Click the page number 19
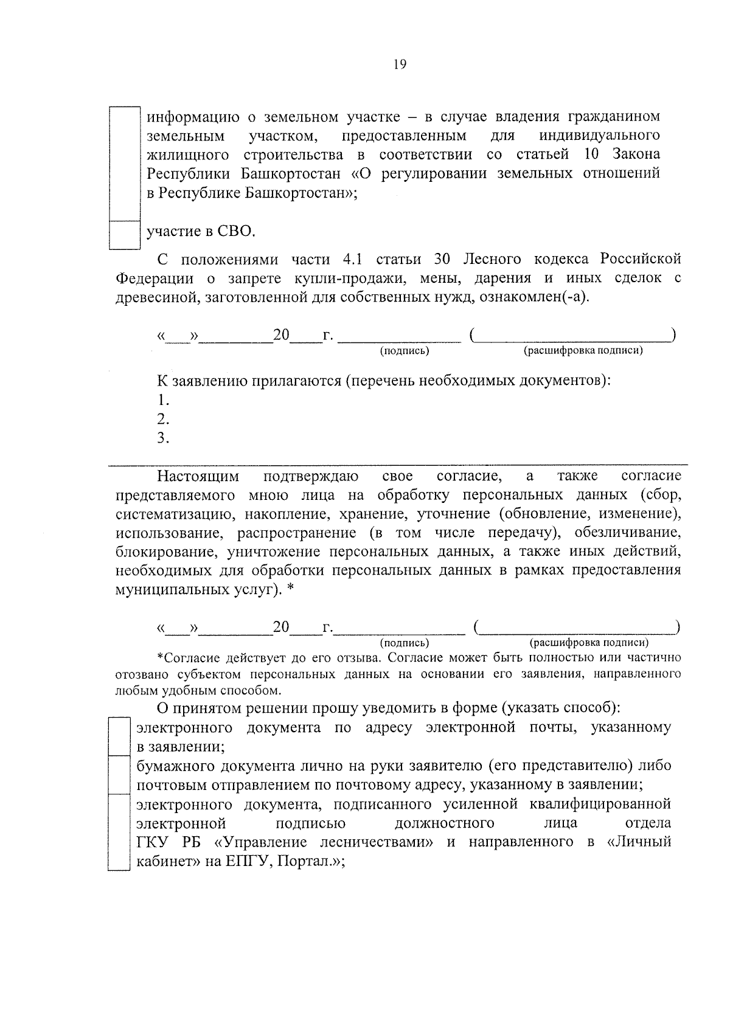(400, 65)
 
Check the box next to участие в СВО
(124, 235)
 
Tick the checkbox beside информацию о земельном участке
(124, 163)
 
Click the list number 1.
(162, 400)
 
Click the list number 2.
(162, 419)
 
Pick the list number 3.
(162, 438)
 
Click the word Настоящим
(198, 476)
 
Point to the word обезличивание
(630, 533)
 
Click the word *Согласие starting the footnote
(186, 658)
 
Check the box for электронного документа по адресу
(119, 736)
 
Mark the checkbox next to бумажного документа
(119, 775)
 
